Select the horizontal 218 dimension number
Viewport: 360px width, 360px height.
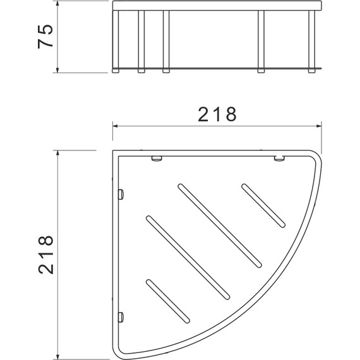coord(217,114)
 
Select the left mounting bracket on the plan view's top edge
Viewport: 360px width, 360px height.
coord(157,159)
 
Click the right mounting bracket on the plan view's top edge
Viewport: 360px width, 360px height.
coord(278,159)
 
